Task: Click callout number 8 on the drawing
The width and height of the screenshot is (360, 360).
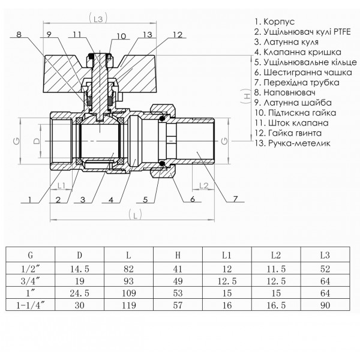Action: [x=19, y=35]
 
